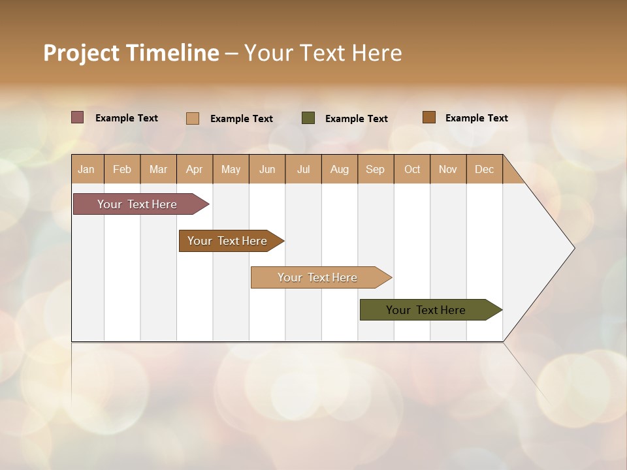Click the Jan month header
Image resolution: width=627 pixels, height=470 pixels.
click(86, 169)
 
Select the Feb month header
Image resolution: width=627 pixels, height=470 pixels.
click(122, 169)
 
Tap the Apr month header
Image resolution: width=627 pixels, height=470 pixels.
click(194, 169)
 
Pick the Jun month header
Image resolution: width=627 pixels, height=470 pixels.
click(267, 169)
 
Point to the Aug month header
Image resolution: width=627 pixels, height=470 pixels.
click(339, 169)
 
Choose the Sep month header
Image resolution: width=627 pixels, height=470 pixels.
click(375, 169)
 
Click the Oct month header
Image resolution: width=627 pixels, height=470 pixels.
click(412, 169)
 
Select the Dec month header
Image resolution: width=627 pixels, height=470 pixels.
click(484, 169)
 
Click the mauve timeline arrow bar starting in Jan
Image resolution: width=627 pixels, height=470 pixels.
click(137, 204)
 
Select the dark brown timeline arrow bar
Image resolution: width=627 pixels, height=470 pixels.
click(227, 241)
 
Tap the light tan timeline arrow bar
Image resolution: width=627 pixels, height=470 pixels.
click(317, 277)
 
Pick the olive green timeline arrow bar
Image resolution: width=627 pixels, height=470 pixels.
click(426, 310)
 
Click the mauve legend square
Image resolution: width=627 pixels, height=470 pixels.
click(77, 117)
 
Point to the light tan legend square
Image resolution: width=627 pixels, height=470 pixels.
click(193, 118)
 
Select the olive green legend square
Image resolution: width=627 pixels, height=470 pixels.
click(308, 118)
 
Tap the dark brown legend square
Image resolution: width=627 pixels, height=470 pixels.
click(428, 117)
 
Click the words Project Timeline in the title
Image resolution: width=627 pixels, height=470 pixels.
click(131, 53)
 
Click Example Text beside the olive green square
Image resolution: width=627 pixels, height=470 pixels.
click(357, 118)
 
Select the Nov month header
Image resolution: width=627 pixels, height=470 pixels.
click(448, 169)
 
